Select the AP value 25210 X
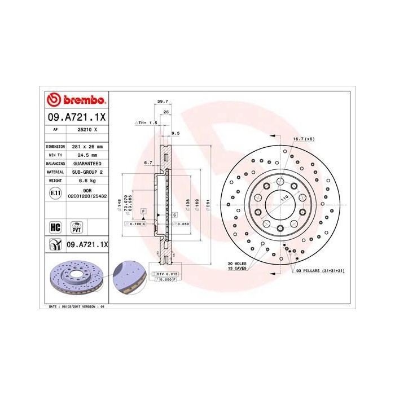point(87,129)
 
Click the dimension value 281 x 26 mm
point(87,146)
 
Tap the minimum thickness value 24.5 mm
point(87,154)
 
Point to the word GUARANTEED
point(87,163)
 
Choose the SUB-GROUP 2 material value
point(87,172)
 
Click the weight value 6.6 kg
point(87,181)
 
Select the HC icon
point(55,227)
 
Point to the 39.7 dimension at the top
point(163,101)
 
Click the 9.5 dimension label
point(175,134)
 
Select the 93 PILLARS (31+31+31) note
point(319,271)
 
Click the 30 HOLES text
point(238,264)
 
